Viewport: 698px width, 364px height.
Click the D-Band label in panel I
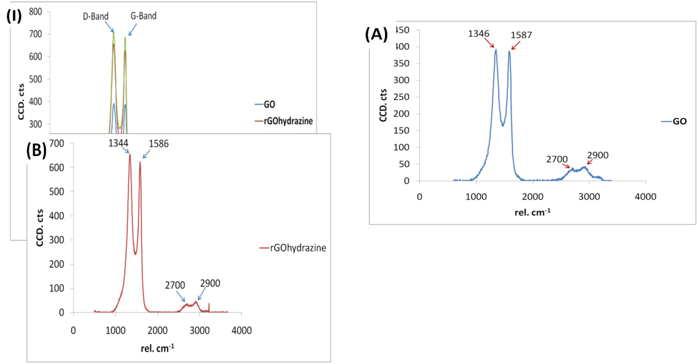tap(96, 17)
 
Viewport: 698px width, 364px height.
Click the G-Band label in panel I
tap(143, 16)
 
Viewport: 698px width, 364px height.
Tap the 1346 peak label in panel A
tap(478, 34)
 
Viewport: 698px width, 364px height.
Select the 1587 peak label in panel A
tap(521, 35)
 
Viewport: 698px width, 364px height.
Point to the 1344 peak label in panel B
tap(118, 143)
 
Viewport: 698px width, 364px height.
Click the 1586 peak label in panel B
tap(159, 144)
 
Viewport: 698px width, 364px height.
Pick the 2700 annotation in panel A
tap(557, 160)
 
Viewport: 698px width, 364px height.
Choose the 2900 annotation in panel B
tap(210, 283)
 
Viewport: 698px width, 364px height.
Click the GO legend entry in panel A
tap(679, 122)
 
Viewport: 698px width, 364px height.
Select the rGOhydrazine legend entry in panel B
tap(298, 248)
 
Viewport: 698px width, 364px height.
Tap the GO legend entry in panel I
tap(269, 105)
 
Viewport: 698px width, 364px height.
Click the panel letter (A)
tap(376, 35)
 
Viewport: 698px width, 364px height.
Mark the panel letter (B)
tap(36, 150)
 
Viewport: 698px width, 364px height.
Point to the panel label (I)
tap(14, 16)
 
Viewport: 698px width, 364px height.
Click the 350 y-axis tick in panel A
tap(401, 63)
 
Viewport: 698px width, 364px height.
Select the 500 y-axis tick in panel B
tap(56, 192)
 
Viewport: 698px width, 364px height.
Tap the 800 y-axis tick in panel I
tap(35, 12)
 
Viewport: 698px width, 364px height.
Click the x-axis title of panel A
tap(532, 212)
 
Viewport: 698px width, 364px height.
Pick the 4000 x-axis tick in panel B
tap(241, 331)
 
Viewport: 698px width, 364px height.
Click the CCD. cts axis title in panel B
tap(40, 228)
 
